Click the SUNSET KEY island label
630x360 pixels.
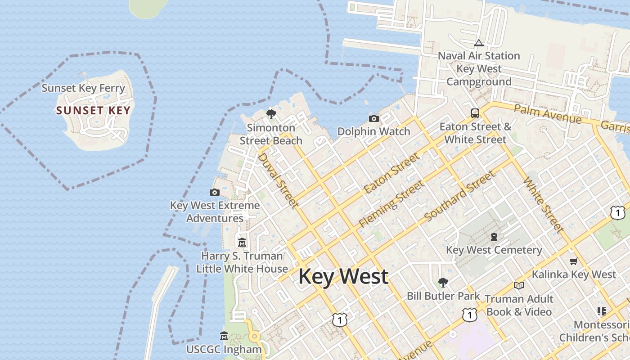coord(93,111)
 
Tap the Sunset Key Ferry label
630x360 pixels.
coord(83,88)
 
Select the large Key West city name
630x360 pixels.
coord(343,276)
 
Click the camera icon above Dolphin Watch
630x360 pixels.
coord(373,119)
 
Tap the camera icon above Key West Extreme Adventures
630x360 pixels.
coord(215,193)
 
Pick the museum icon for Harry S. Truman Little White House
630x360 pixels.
coord(242,243)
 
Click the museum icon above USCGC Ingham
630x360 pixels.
coord(224,336)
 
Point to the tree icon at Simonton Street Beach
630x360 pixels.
coord(271,114)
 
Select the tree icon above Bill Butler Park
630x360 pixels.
coord(443,283)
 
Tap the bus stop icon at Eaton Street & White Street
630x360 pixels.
coord(475,113)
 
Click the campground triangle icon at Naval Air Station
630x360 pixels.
coord(479,43)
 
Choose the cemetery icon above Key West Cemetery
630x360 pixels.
coord(494,237)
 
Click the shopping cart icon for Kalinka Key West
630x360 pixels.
coord(573,261)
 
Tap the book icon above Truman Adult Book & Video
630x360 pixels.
coord(519,286)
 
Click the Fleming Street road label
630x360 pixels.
coord(391,204)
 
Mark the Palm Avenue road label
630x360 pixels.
coord(548,113)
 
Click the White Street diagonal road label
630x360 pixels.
coord(543,205)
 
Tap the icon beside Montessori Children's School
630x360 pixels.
coord(602,311)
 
